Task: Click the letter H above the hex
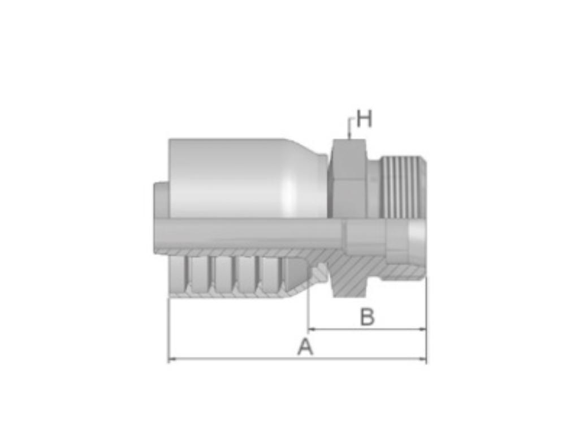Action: point(364,119)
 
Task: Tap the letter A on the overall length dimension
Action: point(305,347)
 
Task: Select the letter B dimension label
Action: point(368,318)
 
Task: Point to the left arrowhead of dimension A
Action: point(171,359)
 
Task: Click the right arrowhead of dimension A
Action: point(424,359)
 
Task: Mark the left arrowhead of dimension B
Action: point(310,328)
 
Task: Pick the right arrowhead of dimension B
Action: point(424,328)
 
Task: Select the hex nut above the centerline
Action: point(347,178)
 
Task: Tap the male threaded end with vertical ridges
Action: point(403,186)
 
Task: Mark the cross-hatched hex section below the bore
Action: point(351,277)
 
